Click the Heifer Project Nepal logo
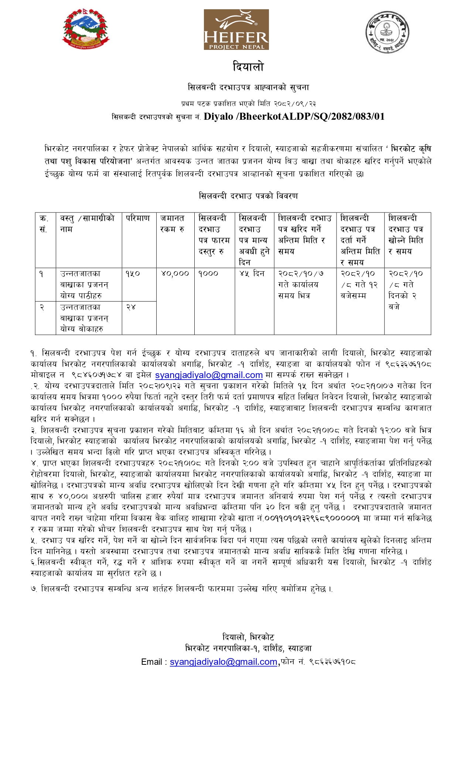[236, 30]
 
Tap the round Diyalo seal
[387, 31]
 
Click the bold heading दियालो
[248, 67]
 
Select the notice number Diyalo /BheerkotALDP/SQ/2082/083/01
[294, 117]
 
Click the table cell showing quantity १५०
[133, 274]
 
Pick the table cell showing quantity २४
[131, 307]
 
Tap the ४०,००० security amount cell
[175, 274]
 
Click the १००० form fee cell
[208, 274]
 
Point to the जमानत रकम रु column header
[172, 224]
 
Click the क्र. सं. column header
[44, 224]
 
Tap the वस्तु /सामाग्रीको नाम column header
[88, 224]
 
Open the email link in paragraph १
[209, 375]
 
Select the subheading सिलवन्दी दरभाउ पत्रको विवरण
[248, 196]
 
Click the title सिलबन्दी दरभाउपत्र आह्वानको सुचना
[248, 88]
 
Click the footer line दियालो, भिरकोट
[248, 637]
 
